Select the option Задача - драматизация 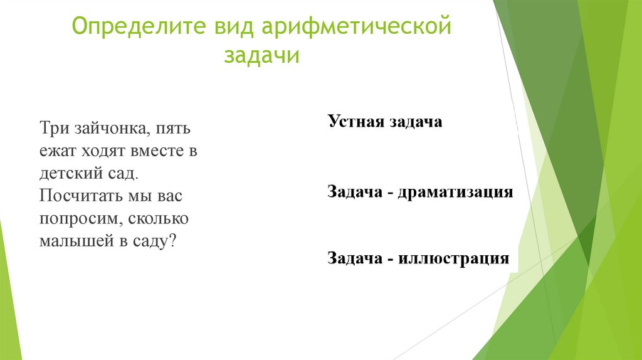(420, 192)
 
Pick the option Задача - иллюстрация (418, 258)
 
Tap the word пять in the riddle (175, 130)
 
